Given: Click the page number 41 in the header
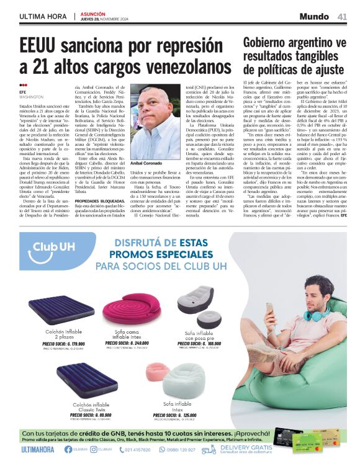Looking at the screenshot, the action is (x=342, y=16).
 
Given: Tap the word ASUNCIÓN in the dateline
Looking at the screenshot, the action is (x=93, y=13).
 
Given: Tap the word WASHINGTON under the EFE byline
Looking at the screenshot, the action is (x=31, y=97).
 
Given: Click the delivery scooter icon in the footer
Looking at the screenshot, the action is (x=209, y=449).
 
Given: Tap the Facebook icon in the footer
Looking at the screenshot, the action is (x=68, y=449).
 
